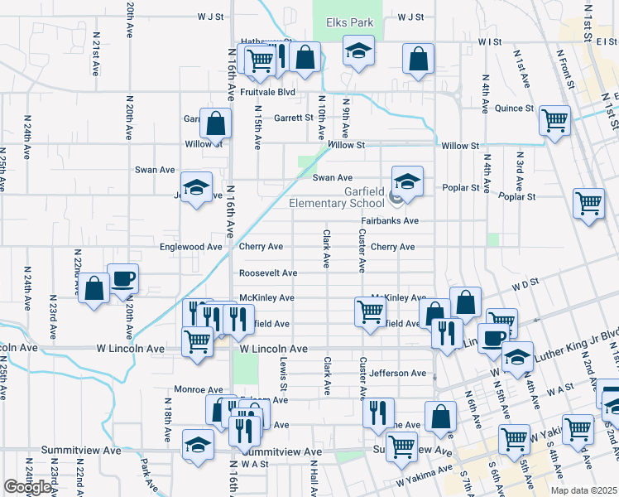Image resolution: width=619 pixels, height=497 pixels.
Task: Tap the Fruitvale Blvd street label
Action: [x=268, y=92]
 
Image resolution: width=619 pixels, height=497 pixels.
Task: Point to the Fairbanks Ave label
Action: [x=390, y=221]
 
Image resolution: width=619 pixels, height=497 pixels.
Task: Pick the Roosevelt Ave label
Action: [x=268, y=273]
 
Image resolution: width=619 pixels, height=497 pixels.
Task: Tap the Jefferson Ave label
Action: [x=398, y=374]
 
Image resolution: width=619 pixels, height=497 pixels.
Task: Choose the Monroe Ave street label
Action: [x=199, y=389]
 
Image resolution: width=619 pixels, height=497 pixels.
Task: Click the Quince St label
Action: [x=514, y=109]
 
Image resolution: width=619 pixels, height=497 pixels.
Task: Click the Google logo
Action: [x=27, y=487]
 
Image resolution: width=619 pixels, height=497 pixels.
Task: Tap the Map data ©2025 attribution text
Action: [x=586, y=491]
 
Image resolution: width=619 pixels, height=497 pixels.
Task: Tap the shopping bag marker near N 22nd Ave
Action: [x=94, y=289]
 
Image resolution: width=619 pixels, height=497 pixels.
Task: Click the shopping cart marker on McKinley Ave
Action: [x=370, y=311]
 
